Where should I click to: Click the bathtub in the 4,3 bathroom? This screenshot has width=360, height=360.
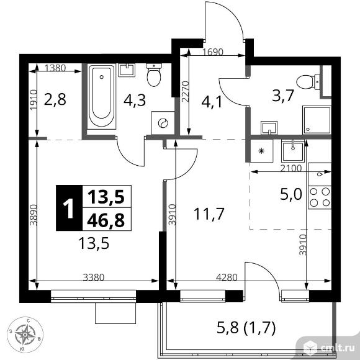coord(101,97)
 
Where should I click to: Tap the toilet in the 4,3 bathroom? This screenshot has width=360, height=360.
coord(154,75)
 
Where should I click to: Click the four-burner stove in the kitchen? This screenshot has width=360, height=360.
coord(320,197)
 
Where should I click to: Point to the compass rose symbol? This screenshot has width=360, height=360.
coord(25,335)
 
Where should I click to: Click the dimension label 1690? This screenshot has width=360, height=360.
coord(213,52)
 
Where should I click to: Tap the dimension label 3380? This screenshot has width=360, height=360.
coord(94,277)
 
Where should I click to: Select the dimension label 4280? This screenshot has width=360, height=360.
coord(227,277)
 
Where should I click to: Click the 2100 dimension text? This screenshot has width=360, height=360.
coord(291,169)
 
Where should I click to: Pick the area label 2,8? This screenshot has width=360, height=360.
coord(55,100)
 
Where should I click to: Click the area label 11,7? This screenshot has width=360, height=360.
coord(209,214)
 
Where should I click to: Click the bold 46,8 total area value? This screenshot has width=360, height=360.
coord(106,220)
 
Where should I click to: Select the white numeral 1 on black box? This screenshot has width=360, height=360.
coord(69,208)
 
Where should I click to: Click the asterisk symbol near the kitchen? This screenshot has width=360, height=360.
coord(261,151)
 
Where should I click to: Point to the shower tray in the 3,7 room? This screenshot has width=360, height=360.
coord(317,120)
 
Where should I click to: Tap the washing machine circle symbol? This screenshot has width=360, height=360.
coord(163,123)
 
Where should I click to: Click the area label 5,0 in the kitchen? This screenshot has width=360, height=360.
coord(291,195)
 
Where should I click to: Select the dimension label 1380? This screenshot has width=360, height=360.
coord(55,68)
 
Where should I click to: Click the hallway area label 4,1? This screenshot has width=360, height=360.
coord(212,102)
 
